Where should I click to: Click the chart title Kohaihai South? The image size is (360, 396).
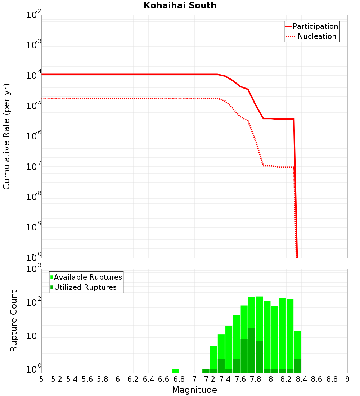tap(180, 5)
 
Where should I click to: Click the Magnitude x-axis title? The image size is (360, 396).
tap(194, 390)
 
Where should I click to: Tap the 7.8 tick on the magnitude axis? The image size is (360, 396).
tap(255, 379)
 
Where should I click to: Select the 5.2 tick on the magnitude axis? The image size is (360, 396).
tap(57, 379)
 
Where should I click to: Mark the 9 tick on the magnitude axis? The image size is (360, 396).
tap(347, 379)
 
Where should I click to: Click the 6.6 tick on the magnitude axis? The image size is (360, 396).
tap(164, 379)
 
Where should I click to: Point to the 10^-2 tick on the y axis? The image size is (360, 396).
tap(34, 15)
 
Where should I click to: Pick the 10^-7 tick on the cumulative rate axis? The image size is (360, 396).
tap(34, 167)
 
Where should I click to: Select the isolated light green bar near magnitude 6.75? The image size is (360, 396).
tap(175, 371)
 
